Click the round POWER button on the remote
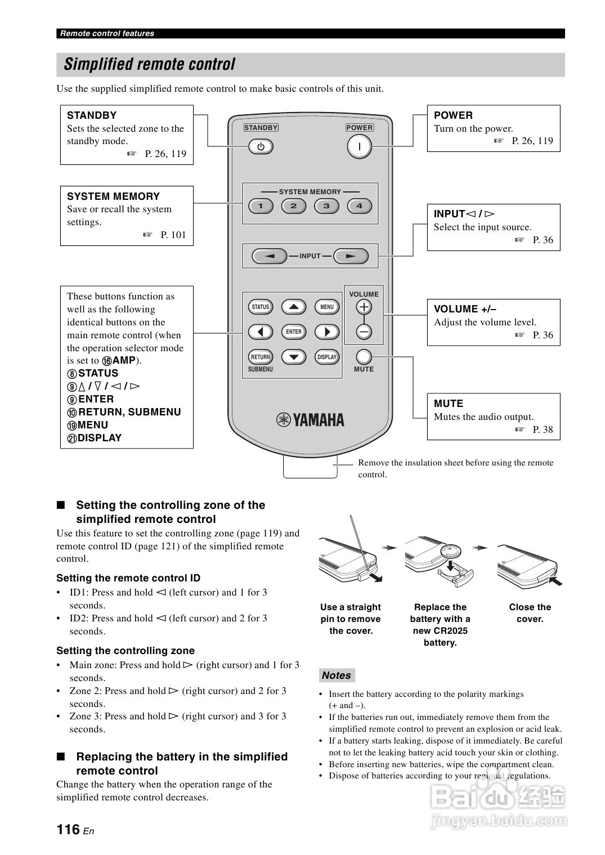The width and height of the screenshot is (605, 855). pyautogui.click(x=359, y=147)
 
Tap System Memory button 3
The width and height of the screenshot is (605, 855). pyautogui.click(x=326, y=206)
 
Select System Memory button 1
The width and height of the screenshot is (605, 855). pyautogui.click(x=261, y=206)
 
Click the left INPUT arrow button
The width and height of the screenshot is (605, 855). pyautogui.click(x=270, y=256)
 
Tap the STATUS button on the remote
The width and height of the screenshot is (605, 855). pyautogui.click(x=261, y=307)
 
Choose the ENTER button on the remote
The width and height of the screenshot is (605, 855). pyautogui.click(x=294, y=332)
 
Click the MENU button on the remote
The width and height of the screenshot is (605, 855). pyautogui.click(x=327, y=307)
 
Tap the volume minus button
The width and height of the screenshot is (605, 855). pyautogui.click(x=364, y=332)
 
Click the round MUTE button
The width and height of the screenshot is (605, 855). pyautogui.click(x=364, y=357)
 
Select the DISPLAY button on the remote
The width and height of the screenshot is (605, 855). pyautogui.click(x=327, y=357)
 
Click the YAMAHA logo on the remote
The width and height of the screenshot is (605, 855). pyautogui.click(x=310, y=420)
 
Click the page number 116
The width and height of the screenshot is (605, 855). pyautogui.click(x=68, y=829)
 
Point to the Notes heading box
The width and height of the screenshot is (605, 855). pyautogui.click(x=337, y=675)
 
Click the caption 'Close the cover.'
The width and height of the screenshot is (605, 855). pyautogui.click(x=530, y=613)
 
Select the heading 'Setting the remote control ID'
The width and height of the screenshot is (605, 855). pyautogui.click(x=128, y=578)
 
